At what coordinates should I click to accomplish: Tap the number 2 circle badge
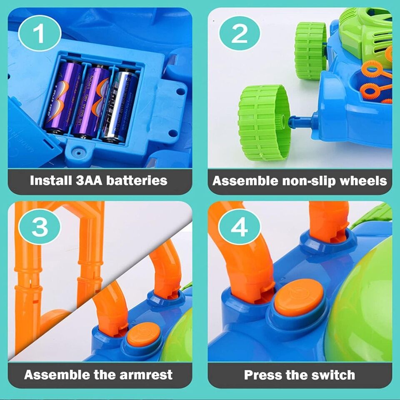point(240,34)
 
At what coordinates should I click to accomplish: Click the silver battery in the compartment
point(120,104)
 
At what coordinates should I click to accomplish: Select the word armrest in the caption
point(147,374)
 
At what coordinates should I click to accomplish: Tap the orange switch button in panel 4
point(299,297)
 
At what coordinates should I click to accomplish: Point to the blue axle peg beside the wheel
point(301,122)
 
